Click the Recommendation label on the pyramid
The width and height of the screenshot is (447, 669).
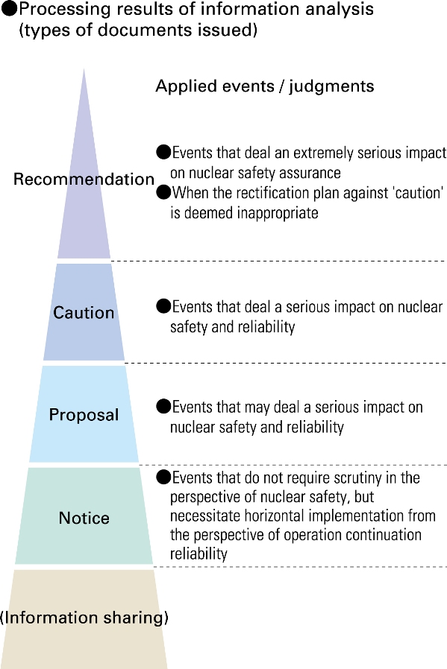(x=84, y=180)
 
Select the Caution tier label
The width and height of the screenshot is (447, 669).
(x=84, y=313)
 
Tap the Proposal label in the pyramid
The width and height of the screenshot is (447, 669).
(x=84, y=415)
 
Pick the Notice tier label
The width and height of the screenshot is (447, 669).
(x=84, y=518)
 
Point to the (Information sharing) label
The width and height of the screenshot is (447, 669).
(x=84, y=618)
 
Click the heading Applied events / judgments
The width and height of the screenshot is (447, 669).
(x=265, y=86)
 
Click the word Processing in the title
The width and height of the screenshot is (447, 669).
(x=65, y=10)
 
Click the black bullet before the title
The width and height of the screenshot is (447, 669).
(x=10, y=10)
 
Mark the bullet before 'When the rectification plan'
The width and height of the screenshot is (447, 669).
(x=163, y=193)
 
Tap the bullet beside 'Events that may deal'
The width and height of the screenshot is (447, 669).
(x=163, y=407)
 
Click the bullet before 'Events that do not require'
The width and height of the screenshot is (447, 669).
(x=163, y=478)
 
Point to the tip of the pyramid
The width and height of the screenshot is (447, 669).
(x=84, y=69)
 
